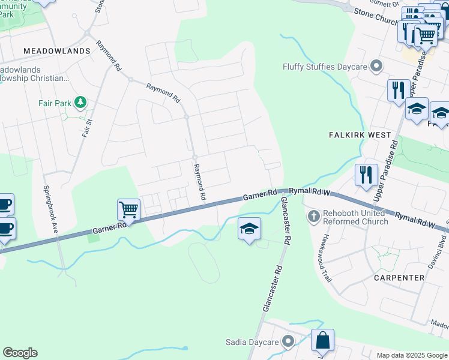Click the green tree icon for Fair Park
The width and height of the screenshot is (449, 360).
click(80, 103)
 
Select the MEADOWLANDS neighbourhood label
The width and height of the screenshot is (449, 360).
click(56, 51)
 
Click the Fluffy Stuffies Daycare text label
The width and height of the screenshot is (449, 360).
click(325, 66)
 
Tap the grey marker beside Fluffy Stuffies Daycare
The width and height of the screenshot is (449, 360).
click(376, 66)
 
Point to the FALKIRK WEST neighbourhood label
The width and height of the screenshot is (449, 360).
click(360, 135)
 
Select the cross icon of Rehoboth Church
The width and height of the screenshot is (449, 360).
click(313, 216)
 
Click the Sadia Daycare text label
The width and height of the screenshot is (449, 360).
click(252, 342)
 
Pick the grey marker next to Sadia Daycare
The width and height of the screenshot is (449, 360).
click(289, 342)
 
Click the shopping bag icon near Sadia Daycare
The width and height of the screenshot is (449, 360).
click(322, 340)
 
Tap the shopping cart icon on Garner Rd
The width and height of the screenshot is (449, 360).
click(129, 210)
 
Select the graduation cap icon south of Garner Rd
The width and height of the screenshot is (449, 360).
click(250, 229)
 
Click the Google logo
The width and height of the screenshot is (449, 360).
click(20, 352)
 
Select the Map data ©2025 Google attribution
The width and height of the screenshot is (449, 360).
click(412, 355)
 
